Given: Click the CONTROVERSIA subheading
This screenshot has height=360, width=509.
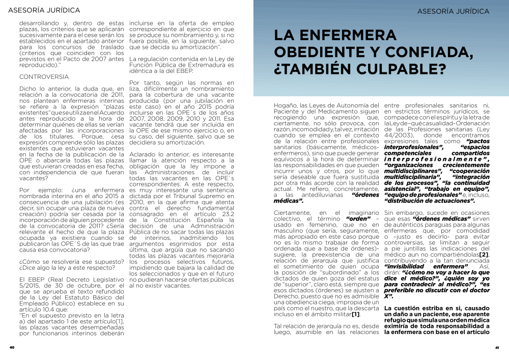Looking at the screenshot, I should [x=43, y=76].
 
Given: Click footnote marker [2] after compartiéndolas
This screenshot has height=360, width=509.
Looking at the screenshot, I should [x=484, y=254].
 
